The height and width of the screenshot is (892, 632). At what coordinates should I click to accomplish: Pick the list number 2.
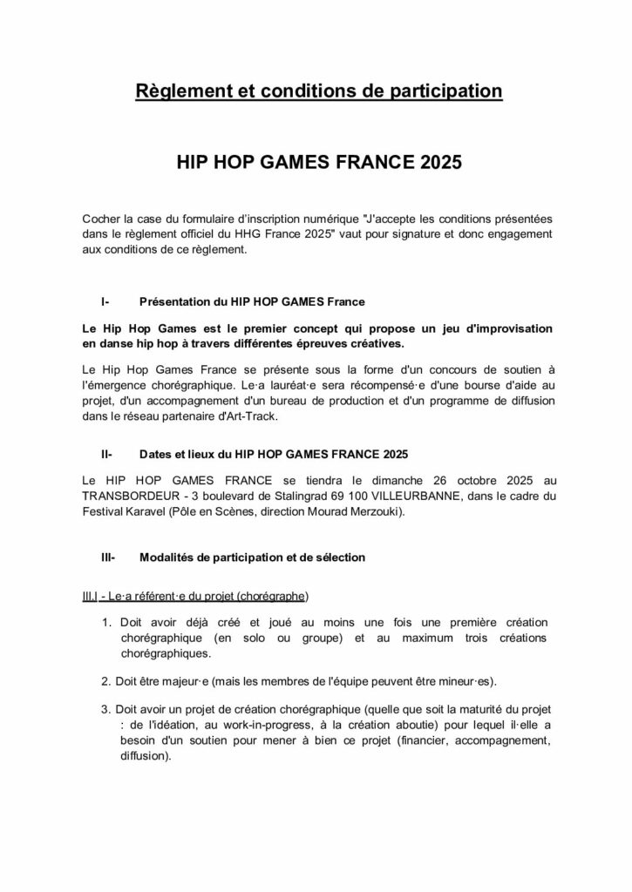coord(106,679)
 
